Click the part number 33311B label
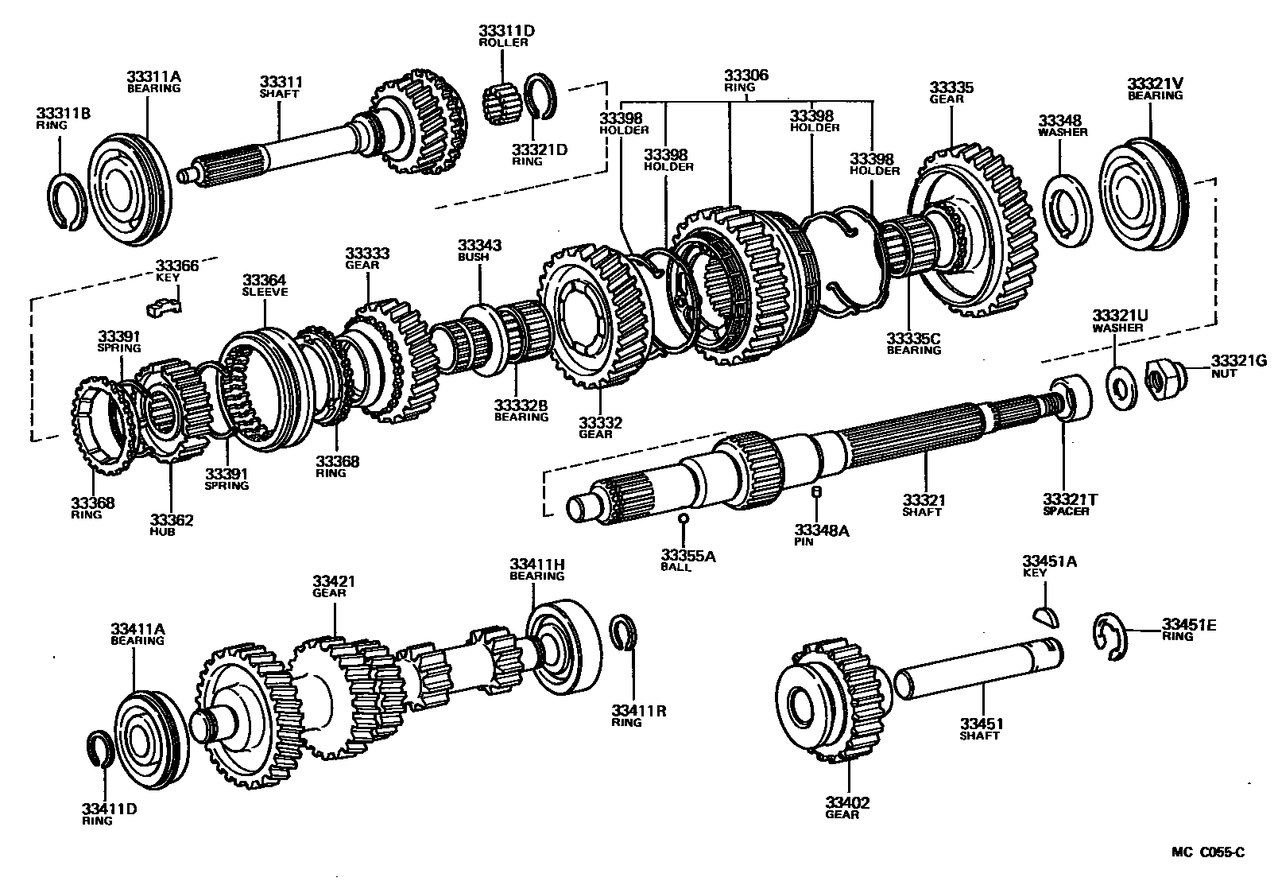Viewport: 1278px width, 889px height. (x=63, y=114)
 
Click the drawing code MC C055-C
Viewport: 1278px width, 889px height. (x=1208, y=853)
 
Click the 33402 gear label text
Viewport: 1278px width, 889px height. (x=847, y=808)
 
